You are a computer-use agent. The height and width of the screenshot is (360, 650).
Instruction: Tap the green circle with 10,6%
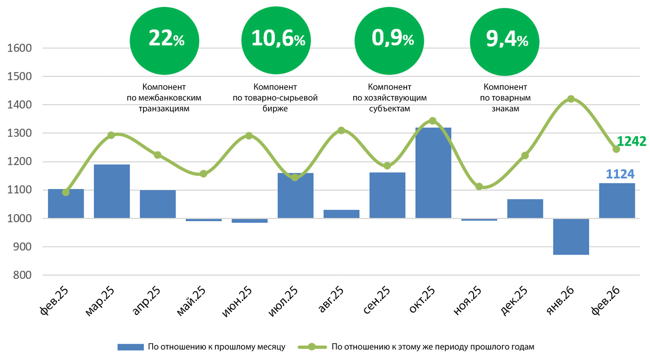click(278, 40)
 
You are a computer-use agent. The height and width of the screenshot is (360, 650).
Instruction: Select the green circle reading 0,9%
click(390, 40)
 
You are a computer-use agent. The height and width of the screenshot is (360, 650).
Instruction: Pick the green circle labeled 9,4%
click(506, 40)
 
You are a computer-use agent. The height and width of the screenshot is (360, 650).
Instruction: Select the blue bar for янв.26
click(571, 236)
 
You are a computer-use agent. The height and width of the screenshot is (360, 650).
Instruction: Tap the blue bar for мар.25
click(111, 191)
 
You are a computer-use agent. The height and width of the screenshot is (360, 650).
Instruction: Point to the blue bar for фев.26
click(617, 201)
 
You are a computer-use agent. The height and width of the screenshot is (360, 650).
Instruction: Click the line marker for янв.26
click(571, 99)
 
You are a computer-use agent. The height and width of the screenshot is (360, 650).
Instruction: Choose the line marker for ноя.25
click(479, 186)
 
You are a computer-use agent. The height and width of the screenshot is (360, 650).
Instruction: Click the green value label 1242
click(631, 141)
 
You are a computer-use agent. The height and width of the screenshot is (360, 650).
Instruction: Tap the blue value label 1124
click(620, 174)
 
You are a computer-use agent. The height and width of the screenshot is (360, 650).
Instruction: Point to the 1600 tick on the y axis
click(19, 48)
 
